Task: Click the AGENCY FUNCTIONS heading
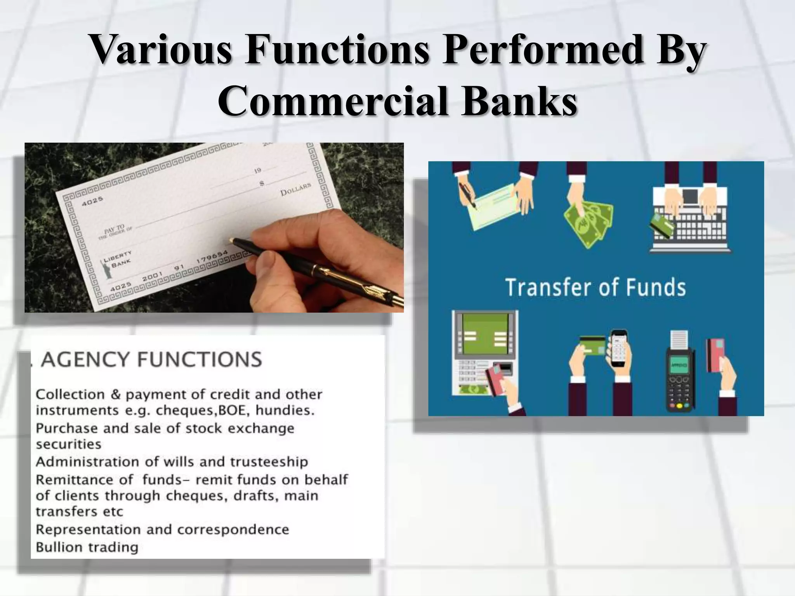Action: click(151, 359)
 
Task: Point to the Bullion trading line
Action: click(87, 547)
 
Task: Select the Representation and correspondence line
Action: click(162, 530)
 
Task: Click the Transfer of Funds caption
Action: click(595, 288)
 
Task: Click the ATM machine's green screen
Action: click(485, 333)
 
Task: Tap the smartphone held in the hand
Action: click(619, 348)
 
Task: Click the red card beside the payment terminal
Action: click(715, 355)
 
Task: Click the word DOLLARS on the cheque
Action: click(295, 189)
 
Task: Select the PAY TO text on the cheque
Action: click(115, 229)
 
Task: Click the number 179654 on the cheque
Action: click(212, 257)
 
